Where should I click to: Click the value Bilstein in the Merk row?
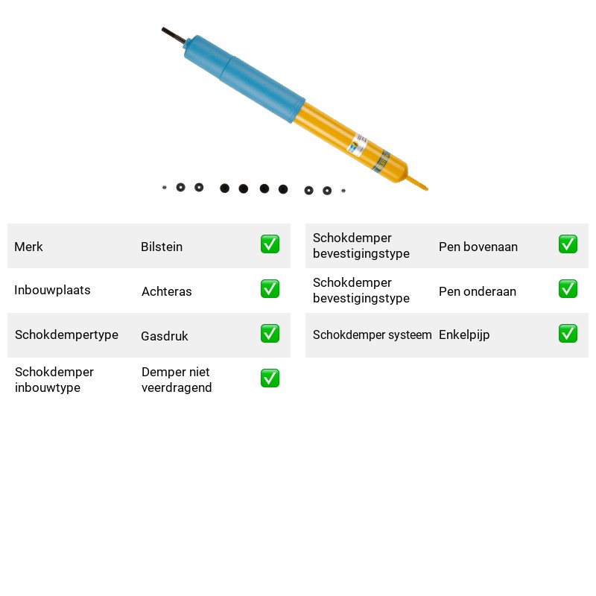[162, 247]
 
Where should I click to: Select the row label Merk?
[28, 247]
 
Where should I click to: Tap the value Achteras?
[166, 291]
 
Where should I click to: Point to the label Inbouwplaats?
[52, 290]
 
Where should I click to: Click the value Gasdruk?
[165, 336]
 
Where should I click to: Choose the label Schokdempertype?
[66, 335]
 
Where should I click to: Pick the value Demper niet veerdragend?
[177, 380]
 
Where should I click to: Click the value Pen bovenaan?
[478, 247]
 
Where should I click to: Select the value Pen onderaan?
[478, 291]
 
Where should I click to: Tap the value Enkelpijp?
[464, 335]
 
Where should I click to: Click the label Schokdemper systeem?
[372, 335]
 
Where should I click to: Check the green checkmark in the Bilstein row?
[270, 244]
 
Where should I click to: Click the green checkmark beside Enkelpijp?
[568, 333]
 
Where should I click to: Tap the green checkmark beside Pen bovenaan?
[568, 244]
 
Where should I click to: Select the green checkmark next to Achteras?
[270, 289]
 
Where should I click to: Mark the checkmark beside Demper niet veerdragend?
[270, 378]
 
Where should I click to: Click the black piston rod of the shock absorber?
[174, 35]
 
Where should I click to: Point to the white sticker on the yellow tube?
[358, 145]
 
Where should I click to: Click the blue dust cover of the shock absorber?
[244, 79]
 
